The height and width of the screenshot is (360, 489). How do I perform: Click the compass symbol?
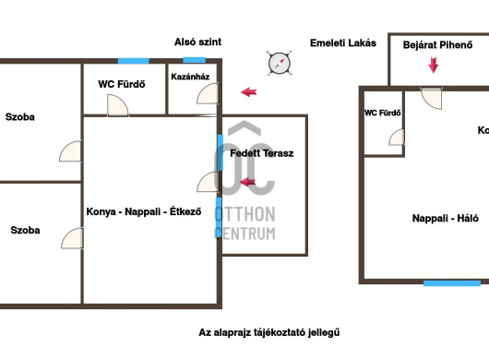tap(280, 63)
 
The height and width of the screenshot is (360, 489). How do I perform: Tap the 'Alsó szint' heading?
tap(197, 42)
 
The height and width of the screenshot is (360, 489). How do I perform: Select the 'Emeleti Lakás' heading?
tap(343, 42)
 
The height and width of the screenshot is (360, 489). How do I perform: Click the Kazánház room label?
tap(190, 77)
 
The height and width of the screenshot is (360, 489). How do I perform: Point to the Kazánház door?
tap(208, 93)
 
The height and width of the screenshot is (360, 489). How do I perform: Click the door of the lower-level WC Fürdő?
tap(117, 105)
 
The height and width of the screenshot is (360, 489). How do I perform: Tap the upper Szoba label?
tap(20, 117)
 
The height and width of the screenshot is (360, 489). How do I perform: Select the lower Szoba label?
tap(25, 230)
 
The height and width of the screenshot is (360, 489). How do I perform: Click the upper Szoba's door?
tap(70, 151)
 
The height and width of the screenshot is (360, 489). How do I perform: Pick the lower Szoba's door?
tap(72, 238)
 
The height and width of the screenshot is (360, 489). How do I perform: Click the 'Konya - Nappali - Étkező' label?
tap(144, 211)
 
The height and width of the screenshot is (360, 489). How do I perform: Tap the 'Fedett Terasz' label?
tap(262, 153)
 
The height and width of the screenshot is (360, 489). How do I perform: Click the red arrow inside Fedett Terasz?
tap(247, 182)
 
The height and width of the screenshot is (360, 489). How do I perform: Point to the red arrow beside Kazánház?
tap(249, 92)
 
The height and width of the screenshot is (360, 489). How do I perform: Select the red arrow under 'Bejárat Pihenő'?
tap(433, 66)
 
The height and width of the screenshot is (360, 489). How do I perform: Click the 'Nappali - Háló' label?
tap(446, 218)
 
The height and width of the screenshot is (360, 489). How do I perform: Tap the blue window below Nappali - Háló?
tap(452, 283)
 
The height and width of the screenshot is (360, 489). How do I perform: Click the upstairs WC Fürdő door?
tap(397, 138)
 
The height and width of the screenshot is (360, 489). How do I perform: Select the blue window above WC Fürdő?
tap(134, 61)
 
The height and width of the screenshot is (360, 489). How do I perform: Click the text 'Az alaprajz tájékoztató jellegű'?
tap(269, 332)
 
